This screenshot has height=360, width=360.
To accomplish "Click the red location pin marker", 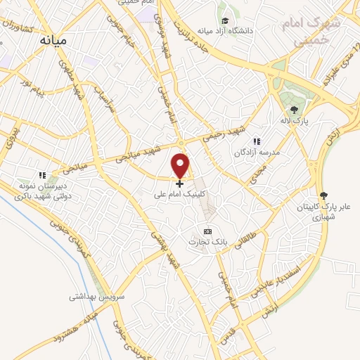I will (x=181, y=165).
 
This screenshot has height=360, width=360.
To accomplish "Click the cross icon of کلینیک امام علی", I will (x=180, y=184).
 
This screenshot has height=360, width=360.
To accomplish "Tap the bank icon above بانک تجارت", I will (x=207, y=231).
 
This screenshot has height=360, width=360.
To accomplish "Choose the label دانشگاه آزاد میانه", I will (x=224, y=31).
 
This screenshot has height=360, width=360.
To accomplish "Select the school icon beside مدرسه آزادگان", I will (x=257, y=141).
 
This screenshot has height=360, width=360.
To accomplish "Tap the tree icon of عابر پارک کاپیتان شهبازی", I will (x=323, y=195).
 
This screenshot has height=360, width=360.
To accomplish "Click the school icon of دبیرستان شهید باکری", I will (x=42, y=175).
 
